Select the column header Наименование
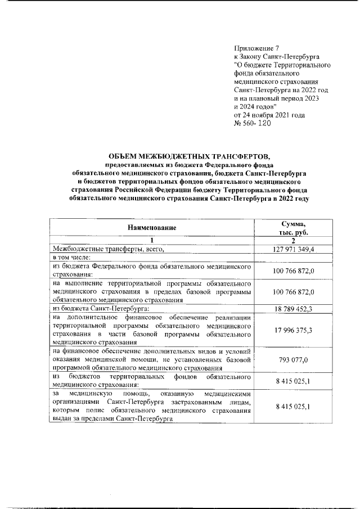coord(152,228)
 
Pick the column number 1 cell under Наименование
coord(152,240)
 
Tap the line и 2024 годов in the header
coord(255,106)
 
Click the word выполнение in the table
coord(87,283)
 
